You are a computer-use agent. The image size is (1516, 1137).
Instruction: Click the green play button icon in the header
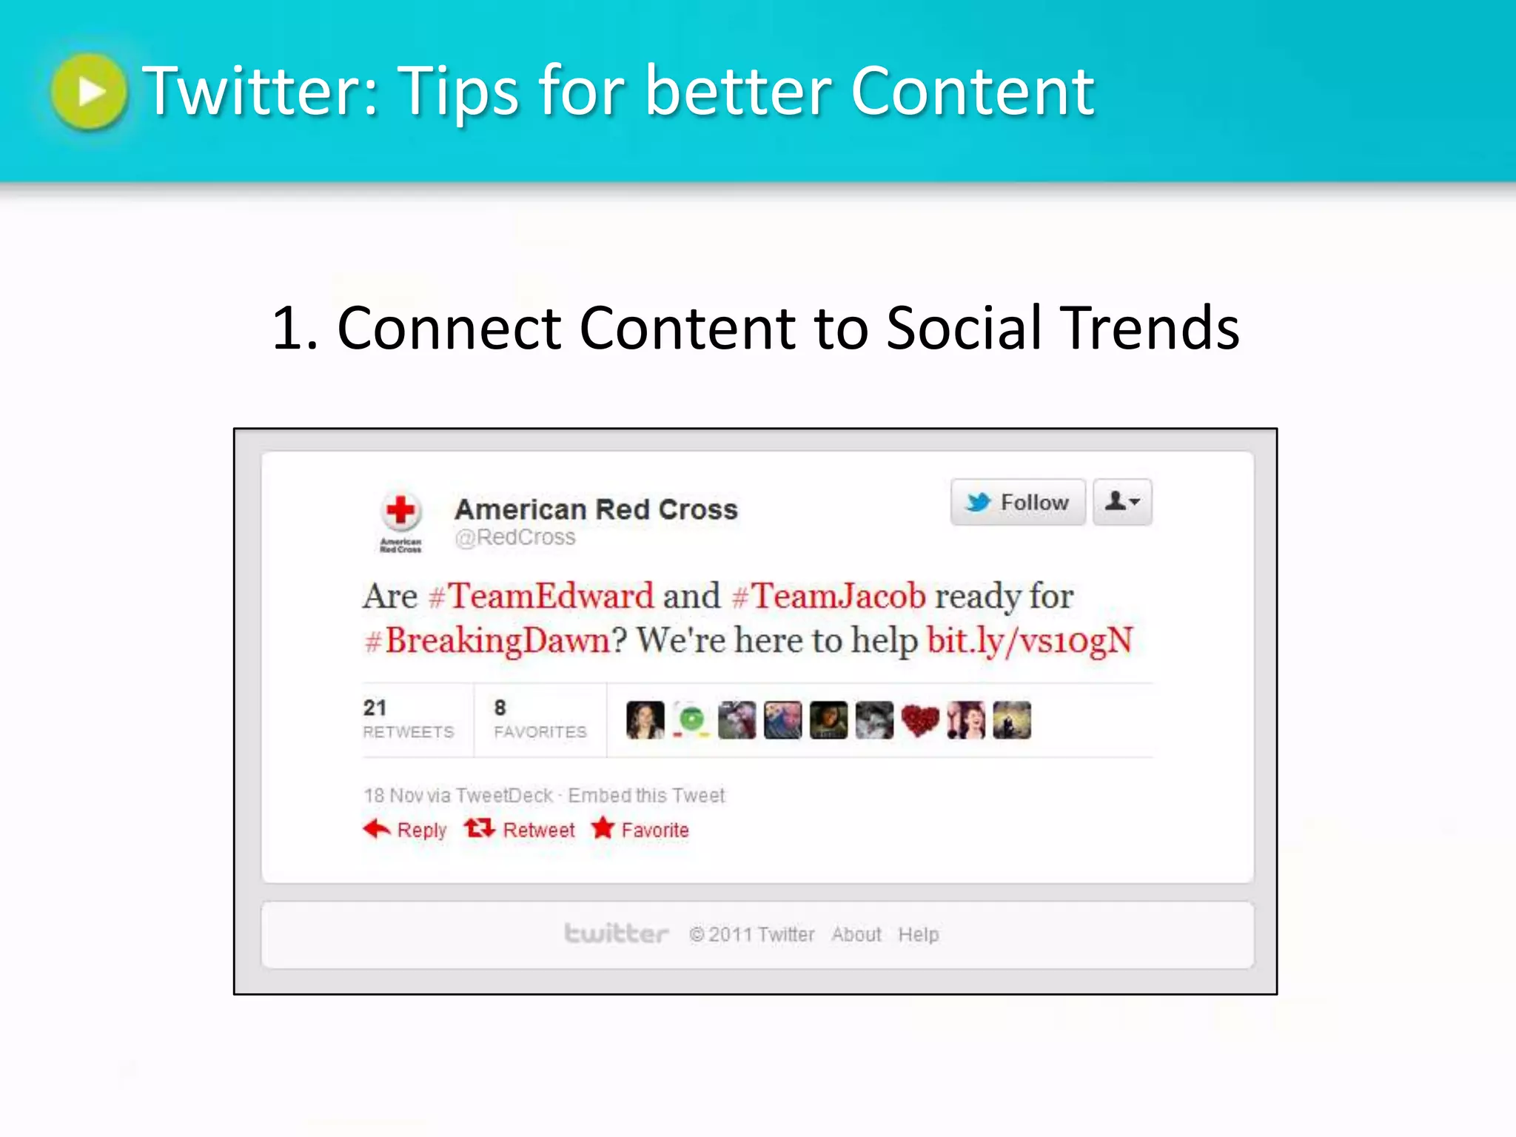[x=90, y=92]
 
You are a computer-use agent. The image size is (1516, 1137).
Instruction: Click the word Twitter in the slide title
[x=260, y=92]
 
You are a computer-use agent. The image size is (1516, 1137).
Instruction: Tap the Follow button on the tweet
[x=1018, y=503]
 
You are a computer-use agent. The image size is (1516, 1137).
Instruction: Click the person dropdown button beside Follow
[x=1122, y=503]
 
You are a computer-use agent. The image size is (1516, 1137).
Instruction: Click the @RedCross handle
[x=515, y=537]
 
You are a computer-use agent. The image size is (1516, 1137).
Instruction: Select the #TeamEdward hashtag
[x=542, y=597]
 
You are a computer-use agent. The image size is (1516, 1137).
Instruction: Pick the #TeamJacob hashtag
[x=829, y=597]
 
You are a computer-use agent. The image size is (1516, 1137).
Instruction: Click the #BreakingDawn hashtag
[x=489, y=641]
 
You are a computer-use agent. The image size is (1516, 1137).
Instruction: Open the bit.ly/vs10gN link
[x=1030, y=641]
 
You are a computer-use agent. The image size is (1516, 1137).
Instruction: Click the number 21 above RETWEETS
[x=375, y=708]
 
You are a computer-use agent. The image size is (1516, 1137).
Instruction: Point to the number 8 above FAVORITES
[x=500, y=708]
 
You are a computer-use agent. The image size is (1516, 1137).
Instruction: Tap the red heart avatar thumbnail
[x=920, y=720]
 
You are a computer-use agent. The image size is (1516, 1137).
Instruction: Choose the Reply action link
[x=406, y=830]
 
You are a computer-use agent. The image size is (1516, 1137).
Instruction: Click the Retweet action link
[x=520, y=830]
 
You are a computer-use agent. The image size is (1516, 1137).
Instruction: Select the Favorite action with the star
[x=641, y=830]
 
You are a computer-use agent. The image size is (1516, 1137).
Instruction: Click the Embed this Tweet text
[x=646, y=796]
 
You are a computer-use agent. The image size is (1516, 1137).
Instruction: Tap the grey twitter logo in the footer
[x=616, y=934]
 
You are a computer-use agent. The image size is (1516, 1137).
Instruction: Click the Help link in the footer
[x=919, y=935]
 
